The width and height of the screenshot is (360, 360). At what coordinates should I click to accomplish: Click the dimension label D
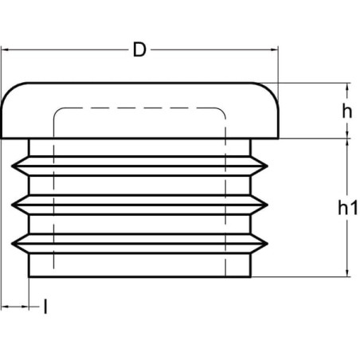pos(139,50)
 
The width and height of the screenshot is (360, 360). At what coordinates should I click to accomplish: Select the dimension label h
pos(346,112)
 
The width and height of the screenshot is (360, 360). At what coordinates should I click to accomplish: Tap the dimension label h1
pos(348,208)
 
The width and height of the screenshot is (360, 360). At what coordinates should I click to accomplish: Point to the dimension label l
pos(45,307)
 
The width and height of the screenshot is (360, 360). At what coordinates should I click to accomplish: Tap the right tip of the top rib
pos(267,166)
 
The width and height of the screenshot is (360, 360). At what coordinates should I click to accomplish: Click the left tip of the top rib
pos(12,166)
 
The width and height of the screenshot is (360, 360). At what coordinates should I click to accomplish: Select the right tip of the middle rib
pos(267,205)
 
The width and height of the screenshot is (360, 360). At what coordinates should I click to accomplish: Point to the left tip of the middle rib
pos(12,205)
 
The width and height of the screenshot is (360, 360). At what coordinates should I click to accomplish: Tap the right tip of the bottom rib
pos(267,244)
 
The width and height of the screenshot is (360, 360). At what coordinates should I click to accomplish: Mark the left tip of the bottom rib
pos(12,244)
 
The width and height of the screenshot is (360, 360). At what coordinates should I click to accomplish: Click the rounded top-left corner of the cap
pos(9,90)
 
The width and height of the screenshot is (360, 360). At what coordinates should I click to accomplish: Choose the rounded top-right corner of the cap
pos(271,90)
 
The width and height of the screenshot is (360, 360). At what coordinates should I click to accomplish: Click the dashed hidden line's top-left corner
pos(57,111)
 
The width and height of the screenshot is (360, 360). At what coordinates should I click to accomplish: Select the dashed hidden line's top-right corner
pos(222,111)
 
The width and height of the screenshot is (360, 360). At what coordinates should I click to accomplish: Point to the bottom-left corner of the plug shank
pos(29,276)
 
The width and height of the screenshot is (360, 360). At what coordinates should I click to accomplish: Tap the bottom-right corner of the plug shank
pos(250,276)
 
